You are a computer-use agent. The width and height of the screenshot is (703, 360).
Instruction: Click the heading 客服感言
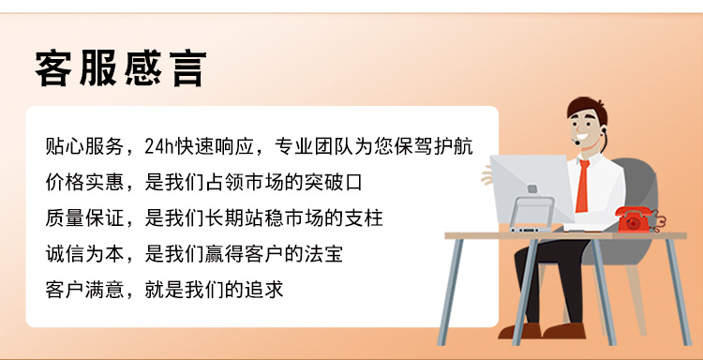(x=120, y=67)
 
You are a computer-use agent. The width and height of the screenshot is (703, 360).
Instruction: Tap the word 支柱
(x=364, y=217)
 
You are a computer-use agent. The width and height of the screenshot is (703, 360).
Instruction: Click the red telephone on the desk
(x=638, y=218)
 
